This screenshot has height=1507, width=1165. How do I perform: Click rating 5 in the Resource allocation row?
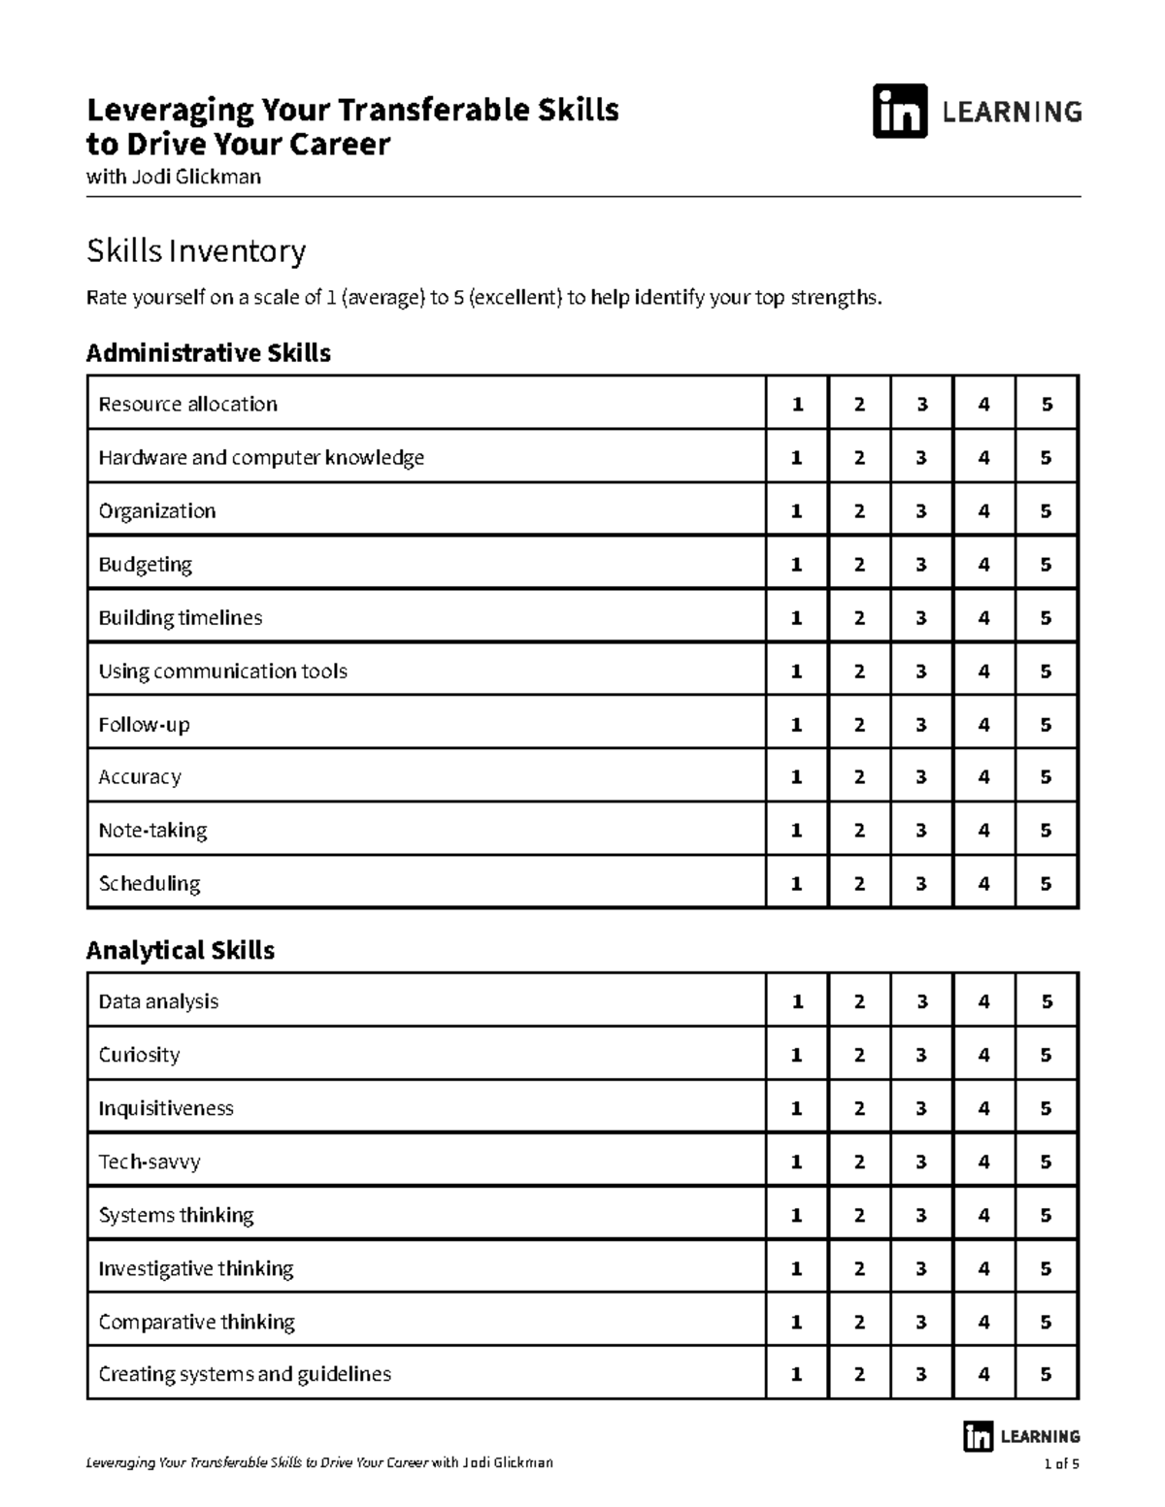[1046, 405]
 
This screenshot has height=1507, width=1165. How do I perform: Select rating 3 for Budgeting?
[921, 565]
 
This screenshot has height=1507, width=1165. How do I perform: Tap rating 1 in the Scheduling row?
[797, 884]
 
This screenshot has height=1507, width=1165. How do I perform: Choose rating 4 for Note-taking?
[983, 831]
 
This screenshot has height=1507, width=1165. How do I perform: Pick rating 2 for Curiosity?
[859, 1055]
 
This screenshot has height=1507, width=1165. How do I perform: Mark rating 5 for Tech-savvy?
[1046, 1162]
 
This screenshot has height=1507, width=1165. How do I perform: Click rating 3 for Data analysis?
[921, 1001]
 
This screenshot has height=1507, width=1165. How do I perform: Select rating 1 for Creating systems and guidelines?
[797, 1374]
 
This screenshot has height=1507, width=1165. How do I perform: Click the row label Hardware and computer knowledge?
[261, 457]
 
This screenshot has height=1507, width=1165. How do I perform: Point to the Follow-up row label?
[144, 725]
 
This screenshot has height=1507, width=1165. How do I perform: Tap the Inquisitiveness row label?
[166, 1108]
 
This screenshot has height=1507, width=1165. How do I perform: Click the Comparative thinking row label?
[197, 1322]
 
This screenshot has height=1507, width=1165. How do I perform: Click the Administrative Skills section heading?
[208, 353]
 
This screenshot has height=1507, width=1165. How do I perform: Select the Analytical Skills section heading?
[181, 950]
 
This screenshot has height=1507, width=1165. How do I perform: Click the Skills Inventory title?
[196, 251]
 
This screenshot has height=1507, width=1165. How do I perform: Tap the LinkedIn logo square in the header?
[900, 112]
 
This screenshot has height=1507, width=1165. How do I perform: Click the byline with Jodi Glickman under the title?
[174, 177]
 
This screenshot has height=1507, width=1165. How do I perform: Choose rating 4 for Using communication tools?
[983, 672]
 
